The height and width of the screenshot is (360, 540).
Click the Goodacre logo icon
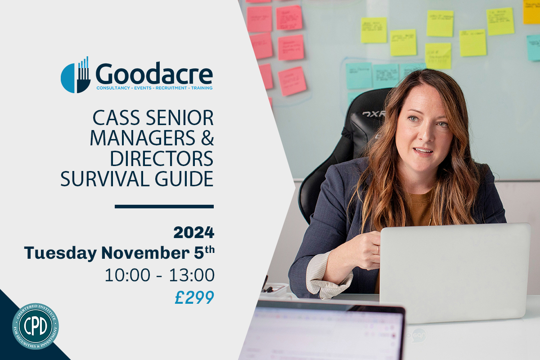(75, 76)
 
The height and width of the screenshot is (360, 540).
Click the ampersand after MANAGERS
(207, 138)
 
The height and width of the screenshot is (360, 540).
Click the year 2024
(193, 233)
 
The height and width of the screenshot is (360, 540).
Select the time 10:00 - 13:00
(159, 275)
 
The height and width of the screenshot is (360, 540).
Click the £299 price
(194, 297)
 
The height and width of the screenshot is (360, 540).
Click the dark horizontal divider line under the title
(164, 207)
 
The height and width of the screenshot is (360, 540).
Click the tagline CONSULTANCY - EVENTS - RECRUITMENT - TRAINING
(154, 88)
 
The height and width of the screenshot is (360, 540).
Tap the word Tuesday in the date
(60, 253)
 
